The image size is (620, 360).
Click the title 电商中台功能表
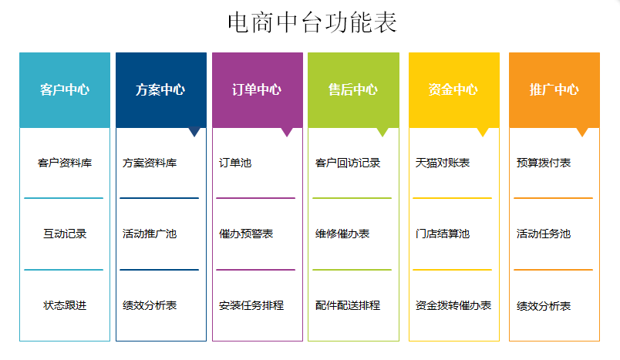[x=312, y=22]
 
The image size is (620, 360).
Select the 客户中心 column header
[x=65, y=90]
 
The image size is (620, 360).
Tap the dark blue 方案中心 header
[x=161, y=90]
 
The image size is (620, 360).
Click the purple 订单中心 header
[x=258, y=90]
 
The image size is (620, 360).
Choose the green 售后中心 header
[x=353, y=90]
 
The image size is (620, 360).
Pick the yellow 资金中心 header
[x=454, y=90]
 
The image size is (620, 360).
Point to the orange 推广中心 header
[x=554, y=90]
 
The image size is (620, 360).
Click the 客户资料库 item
[x=65, y=163]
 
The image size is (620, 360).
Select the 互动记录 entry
[x=65, y=234]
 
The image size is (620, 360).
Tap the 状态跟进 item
[x=65, y=305]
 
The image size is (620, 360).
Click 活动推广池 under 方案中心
[x=150, y=234]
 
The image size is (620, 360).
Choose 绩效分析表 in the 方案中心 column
[x=150, y=305]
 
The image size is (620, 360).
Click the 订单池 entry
[x=235, y=163]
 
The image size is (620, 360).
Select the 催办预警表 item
[x=246, y=234]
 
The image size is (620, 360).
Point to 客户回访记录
[x=348, y=163]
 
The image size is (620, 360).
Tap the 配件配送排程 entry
[x=348, y=305]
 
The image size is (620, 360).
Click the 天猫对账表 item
[x=443, y=163]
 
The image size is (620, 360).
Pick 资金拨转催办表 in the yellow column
[x=453, y=305]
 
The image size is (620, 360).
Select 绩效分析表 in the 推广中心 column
[x=544, y=306]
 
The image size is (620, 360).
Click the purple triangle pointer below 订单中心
[x=287, y=132]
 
